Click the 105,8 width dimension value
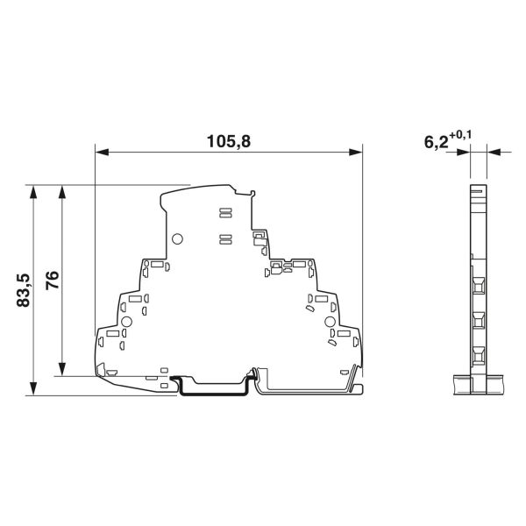click(x=229, y=141)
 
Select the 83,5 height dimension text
click(x=24, y=290)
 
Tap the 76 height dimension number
click(x=53, y=281)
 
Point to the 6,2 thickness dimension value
click(x=436, y=142)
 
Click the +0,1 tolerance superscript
click(x=460, y=135)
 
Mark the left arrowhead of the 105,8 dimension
click(x=102, y=153)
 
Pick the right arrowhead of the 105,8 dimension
click(x=356, y=153)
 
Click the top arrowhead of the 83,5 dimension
click(x=33, y=191)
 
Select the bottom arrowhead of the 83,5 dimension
click(x=33, y=388)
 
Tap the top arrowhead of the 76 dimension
click(x=61, y=191)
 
